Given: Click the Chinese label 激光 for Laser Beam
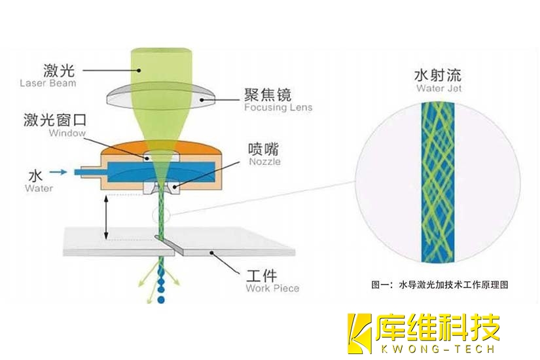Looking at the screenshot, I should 58,69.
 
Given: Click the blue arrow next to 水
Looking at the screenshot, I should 58,173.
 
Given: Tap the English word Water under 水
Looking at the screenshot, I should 39,189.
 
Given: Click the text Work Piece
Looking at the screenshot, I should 272,288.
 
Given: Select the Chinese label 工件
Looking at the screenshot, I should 262,273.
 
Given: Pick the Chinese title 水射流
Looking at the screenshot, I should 439,74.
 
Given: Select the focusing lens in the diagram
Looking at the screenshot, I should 160,99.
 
